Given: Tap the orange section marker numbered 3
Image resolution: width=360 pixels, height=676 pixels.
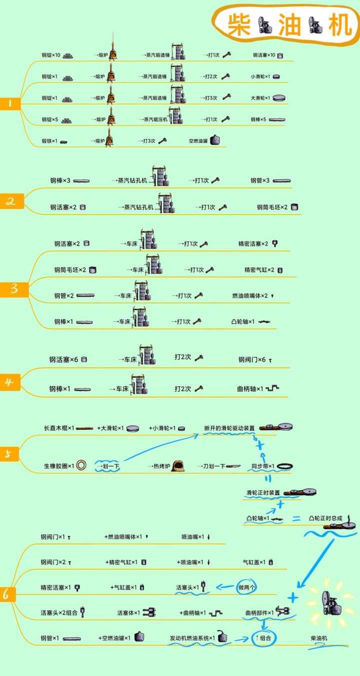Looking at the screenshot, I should (x=14, y=289).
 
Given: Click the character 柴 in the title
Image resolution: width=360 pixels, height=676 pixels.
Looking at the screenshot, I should (x=239, y=25).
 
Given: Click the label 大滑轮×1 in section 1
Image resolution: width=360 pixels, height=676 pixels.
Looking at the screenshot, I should (x=260, y=98).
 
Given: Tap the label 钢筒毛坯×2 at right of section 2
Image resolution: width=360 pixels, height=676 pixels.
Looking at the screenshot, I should (x=272, y=207).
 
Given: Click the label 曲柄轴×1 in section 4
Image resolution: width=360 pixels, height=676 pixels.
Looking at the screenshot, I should (x=250, y=388).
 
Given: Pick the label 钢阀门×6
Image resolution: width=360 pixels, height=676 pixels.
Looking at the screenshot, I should (x=252, y=360).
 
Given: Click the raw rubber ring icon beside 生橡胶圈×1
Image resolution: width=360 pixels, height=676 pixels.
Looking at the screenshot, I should (x=83, y=466).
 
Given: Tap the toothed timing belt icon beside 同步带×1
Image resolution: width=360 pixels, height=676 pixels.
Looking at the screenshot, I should (x=284, y=466).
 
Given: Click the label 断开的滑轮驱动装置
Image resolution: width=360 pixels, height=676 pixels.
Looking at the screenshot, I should (x=229, y=428).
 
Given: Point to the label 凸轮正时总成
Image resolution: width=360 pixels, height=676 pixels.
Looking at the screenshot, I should (x=325, y=518).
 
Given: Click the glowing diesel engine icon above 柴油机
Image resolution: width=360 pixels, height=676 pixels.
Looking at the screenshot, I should (x=329, y=604).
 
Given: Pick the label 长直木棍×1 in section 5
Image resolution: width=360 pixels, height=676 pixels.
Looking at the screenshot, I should (x=59, y=428).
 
